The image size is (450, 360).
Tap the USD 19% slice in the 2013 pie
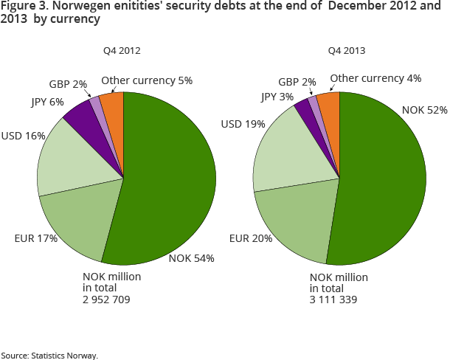(x=284, y=155)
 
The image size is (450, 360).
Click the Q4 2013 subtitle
(x=347, y=51)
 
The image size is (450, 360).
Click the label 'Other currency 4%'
(x=375, y=77)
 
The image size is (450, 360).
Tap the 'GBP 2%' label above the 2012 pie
(x=68, y=84)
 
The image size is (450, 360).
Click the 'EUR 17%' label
(x=35, y=238)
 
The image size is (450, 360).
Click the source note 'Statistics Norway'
(x=64, y=355)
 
